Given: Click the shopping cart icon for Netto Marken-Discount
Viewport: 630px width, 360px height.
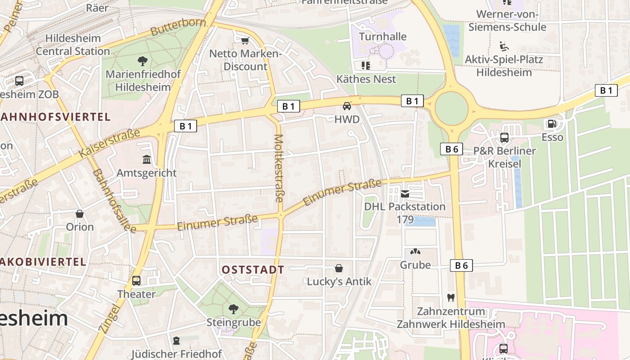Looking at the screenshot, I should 245,41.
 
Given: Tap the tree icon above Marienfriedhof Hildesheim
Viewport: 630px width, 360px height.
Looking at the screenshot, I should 143,61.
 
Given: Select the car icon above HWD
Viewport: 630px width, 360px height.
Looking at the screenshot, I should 347,106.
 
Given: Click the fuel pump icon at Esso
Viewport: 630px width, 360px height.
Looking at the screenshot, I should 552,124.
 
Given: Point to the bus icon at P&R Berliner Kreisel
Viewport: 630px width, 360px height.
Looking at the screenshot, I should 504,138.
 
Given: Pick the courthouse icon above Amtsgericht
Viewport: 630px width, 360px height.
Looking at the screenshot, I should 147,159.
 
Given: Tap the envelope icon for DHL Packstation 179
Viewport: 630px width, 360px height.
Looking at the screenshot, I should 405,194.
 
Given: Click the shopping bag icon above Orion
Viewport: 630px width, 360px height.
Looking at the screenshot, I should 80,213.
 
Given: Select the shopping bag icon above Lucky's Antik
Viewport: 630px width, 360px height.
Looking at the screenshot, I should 339,268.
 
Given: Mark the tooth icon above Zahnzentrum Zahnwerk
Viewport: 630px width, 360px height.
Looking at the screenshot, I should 450,297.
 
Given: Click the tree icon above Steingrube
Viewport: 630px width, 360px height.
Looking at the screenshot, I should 233,309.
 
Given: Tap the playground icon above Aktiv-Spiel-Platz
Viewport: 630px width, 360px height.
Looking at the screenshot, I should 504,46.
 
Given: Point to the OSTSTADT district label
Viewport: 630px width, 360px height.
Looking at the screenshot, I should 253,270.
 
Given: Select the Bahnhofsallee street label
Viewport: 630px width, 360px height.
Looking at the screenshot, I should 114,201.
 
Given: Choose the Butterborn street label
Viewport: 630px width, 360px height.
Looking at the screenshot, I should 178,27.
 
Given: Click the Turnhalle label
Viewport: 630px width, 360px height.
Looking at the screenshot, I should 382,36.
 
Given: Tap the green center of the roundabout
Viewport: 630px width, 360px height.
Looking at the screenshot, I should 451,109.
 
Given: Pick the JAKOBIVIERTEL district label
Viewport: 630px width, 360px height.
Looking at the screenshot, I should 43,262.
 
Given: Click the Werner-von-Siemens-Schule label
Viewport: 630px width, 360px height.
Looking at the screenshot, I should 507,21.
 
